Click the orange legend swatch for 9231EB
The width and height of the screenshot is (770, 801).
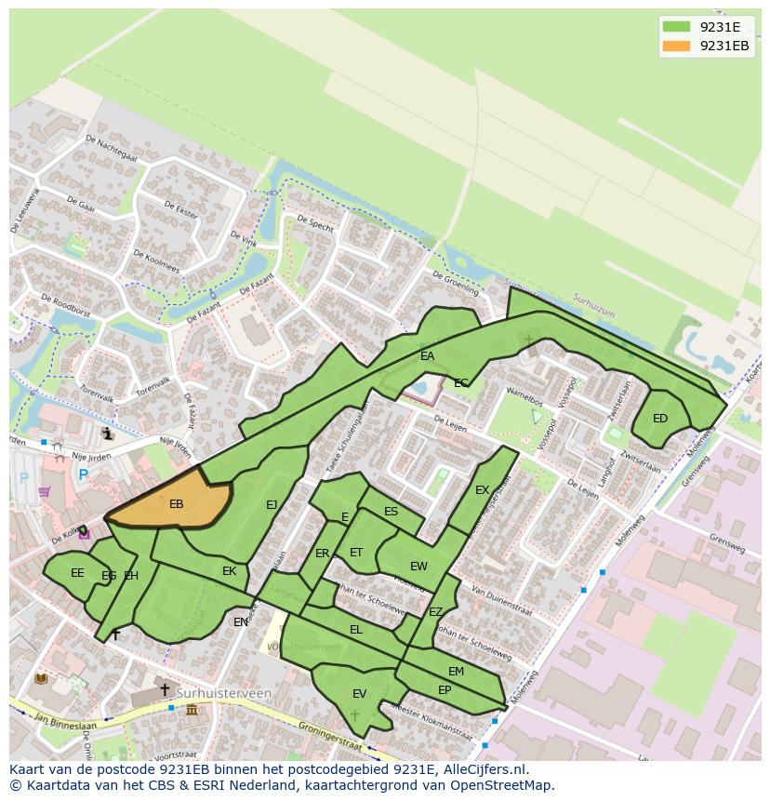tap(676, 47)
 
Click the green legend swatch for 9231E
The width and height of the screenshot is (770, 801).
tap(676, 27)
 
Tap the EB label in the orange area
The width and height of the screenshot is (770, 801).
tap(177, 504)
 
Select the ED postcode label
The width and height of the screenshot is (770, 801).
tap(660, 419)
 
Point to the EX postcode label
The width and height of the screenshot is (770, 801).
tap(482, 490)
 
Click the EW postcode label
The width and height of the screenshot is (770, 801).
tap(418, 567)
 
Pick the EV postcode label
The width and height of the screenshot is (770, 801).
tap(359, 694)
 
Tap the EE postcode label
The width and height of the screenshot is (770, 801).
tap(77, 573)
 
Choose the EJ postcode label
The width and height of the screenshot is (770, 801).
tap(272, 505)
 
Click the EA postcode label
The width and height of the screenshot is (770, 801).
tap(427, 356)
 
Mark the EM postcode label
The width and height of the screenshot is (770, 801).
tap(456, 672)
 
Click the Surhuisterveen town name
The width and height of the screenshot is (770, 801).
tap(230, 693)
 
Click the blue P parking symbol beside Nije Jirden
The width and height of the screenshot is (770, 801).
tap(83, 475)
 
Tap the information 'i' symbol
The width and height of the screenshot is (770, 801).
tap(108, 433)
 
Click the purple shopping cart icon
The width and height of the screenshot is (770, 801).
tap(44, 491)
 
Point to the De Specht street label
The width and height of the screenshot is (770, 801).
tap(315, 223)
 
